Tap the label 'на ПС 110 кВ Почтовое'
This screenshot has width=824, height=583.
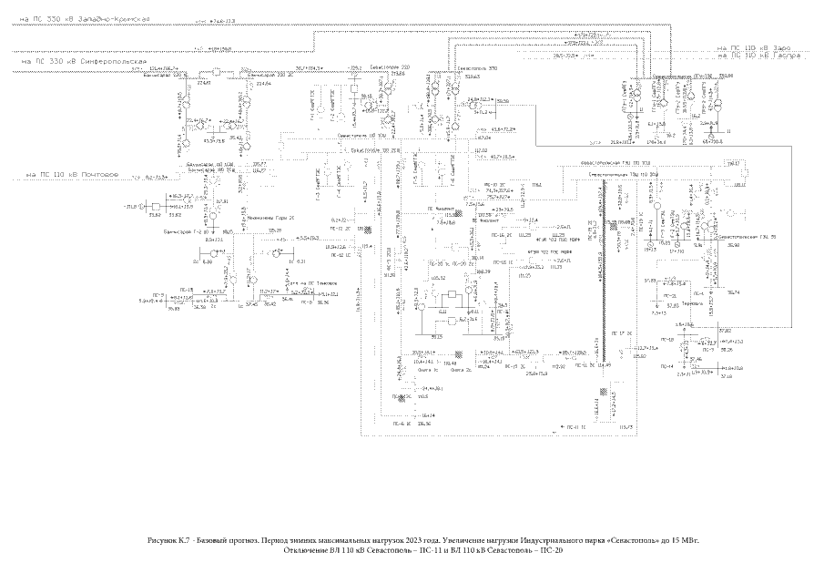click(x=72, y=173)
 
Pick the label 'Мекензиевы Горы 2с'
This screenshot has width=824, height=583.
click(x=263, y=219)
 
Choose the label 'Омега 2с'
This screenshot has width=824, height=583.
click(x=462, y=371)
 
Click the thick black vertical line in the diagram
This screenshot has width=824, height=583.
click(x=602, y=273)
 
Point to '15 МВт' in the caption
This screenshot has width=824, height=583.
click(x=700, y=541)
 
